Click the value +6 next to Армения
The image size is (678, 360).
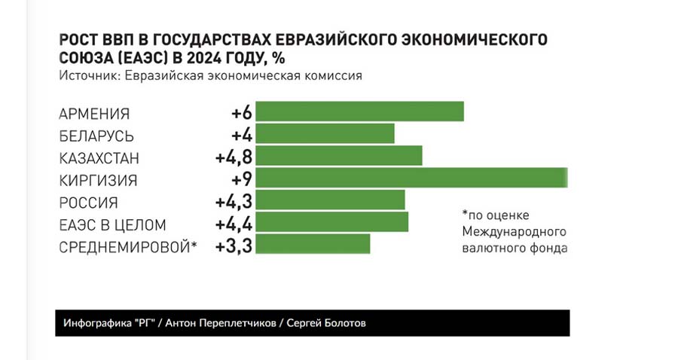pos(242,113)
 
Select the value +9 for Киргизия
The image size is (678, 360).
pos(242,179)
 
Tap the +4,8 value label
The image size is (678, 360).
pos(233,157)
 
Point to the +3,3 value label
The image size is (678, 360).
pos(233,246)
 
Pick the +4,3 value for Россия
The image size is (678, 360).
pos(233,202)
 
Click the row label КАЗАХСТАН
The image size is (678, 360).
pos(99,158)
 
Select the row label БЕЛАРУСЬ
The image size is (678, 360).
pos(96,136)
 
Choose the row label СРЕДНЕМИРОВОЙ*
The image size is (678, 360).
pos(127,247)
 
